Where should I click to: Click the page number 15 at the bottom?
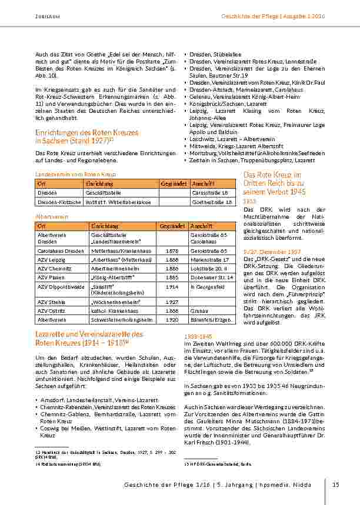336,484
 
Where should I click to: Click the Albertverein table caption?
52,216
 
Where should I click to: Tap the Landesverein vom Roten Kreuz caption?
68,175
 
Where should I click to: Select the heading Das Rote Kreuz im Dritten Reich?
272,175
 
